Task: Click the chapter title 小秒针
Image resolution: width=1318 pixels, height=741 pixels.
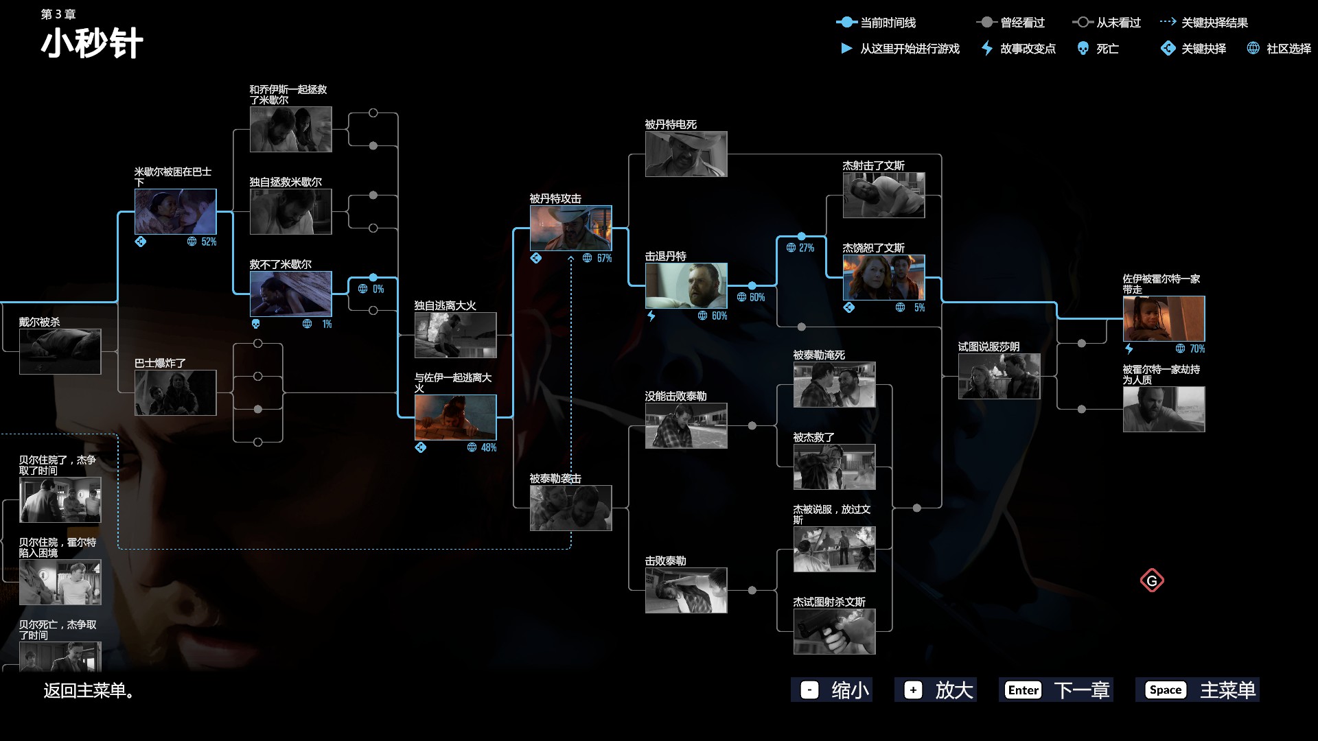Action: (92, 43)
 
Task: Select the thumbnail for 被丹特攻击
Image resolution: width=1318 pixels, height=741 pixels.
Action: (570, 228)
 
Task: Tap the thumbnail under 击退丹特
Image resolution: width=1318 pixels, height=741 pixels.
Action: (686, 285)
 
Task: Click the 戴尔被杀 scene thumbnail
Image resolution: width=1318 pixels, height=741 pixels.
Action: (60, 351)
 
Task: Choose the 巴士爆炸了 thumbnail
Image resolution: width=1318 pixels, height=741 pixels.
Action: (175, 392)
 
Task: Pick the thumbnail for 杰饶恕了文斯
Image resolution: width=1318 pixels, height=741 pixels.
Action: (883, 277)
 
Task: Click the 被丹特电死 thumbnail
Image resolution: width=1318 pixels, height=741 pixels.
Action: (686, 154)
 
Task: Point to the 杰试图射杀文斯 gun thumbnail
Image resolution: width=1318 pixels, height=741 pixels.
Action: (834, 631)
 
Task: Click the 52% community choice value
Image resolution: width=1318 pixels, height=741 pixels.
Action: (209, 242)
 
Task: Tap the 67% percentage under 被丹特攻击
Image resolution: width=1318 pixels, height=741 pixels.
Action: (604, 258)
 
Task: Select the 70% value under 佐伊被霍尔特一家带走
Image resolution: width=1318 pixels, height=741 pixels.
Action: (1197, 349)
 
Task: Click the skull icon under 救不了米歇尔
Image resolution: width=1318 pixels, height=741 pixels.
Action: (256, 324)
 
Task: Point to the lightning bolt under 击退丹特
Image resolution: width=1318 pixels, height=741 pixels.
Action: (651, 316)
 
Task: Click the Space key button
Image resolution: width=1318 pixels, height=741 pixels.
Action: (1166, 690)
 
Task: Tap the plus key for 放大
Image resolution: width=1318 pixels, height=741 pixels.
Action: (913, 690)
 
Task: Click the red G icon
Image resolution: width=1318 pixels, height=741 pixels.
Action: (1152, 581)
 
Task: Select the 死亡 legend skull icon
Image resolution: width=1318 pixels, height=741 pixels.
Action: (1083, 48)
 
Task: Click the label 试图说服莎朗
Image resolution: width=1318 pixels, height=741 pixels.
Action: (988, 346)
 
